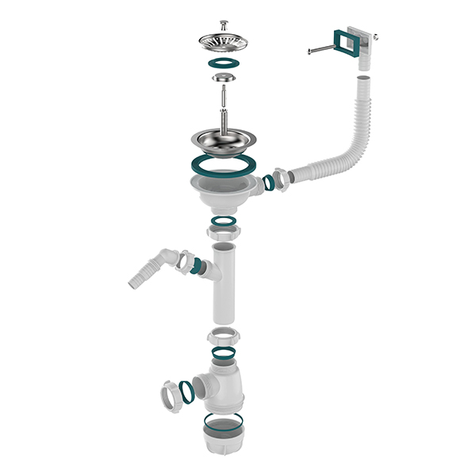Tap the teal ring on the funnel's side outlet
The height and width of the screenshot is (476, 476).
click(268, 182)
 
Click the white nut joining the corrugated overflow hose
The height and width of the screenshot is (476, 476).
click(280, 178)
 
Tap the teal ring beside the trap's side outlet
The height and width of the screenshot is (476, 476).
click(187, 391)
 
